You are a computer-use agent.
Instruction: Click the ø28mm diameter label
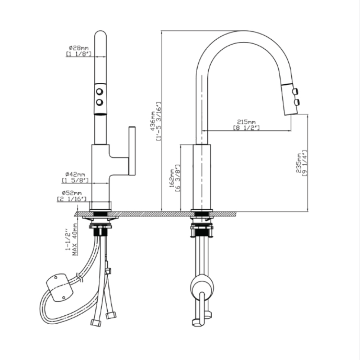pyautogui.click(x=78, y=48)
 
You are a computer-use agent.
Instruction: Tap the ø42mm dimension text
pyautogui.click(x=76, y=174)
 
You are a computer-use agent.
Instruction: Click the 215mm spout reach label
pyautogui.click(x=246, y=122)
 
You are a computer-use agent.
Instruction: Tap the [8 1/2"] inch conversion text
pyautogui.click(x=246, y=128)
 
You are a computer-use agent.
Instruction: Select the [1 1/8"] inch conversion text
pyautogui.click(x=78, y=54)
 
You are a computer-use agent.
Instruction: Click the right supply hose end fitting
pyautogui.click(x=111, y=315)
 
